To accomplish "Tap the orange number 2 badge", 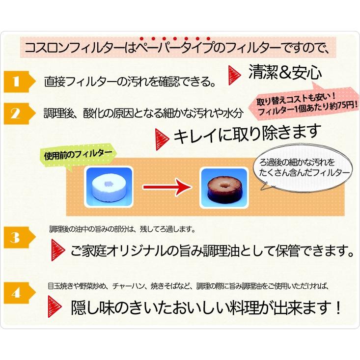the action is pyautogui.click(x=17, y=114).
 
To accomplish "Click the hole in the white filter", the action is pyautogui.click(x=110, y=182).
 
